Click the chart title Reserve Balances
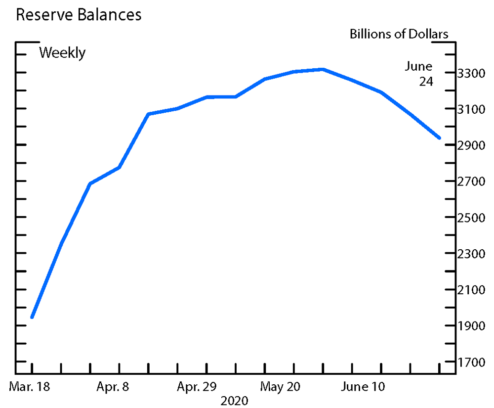pos(79,15)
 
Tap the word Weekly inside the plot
pos(62,52)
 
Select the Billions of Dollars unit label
pos(399,34)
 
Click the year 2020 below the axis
pos(235,400)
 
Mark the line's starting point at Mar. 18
pos(32,317)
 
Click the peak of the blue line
pos(323,69)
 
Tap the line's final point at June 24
pos(439,138)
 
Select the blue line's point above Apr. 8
pos(119,168)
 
